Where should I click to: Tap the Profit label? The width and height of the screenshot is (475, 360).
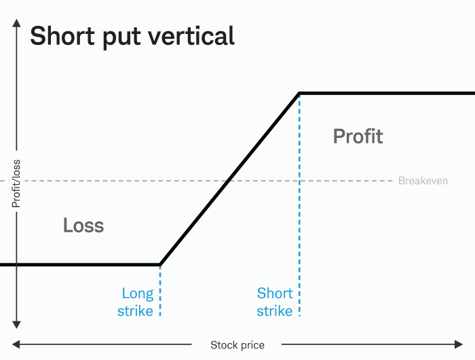358,137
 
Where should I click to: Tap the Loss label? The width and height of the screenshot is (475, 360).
83,225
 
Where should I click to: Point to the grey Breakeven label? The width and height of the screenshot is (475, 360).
423,181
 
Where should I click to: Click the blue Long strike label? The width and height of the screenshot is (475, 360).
137,302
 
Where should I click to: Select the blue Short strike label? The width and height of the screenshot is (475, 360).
275,302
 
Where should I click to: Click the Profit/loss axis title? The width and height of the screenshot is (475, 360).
16,181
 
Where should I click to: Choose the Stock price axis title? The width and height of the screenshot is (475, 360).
237,345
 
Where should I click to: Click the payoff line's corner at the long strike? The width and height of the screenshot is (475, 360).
159,264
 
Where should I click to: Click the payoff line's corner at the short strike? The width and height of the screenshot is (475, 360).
299,93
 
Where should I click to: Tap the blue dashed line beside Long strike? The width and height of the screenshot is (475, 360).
160,292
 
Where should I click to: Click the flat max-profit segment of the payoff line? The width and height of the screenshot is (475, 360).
387,93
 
